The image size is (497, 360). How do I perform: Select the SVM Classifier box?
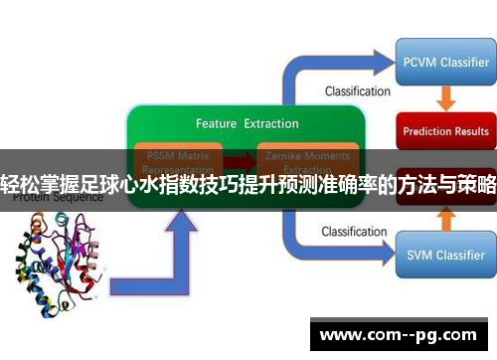[444, 255]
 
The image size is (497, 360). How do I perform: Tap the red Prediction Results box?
[445, 130]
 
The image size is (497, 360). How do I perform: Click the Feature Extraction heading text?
[247, 124]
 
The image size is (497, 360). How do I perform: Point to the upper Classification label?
[357, 91]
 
